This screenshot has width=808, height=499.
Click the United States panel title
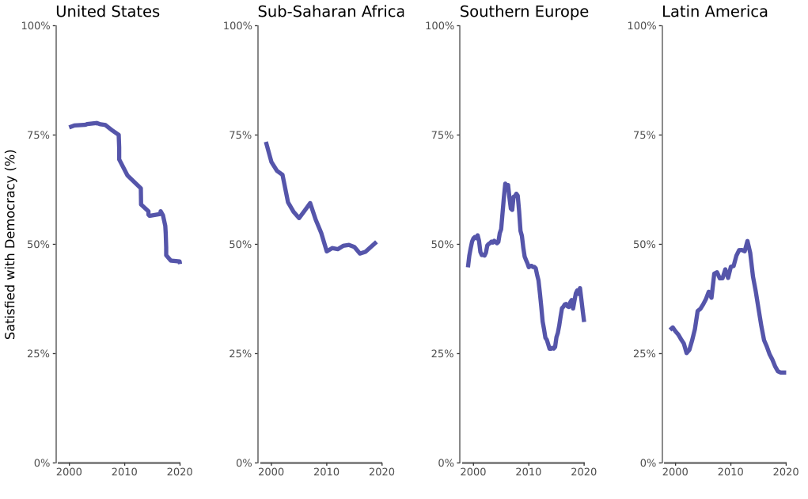(x=108, y=12)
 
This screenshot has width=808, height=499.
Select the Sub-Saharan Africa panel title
(x=331, y=12)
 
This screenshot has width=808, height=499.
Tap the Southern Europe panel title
(x=524, y=12)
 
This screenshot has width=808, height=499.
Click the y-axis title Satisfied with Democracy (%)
(x=11, y=245)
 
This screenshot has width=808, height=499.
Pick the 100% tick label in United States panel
(x=36, y=26)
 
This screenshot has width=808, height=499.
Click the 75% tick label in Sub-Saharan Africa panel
(x=240, y=135)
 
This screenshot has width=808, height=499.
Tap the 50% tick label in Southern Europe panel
(x=442, y=245)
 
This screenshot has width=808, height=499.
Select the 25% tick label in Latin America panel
(x=644, y=354)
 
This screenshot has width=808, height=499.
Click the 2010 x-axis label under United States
(x=124, y=473)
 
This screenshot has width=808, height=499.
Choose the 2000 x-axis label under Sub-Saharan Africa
(x=271, y=473)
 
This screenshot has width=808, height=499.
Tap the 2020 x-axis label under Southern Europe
(x=584, y=473)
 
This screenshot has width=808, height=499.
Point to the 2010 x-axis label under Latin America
(x=730, y=473)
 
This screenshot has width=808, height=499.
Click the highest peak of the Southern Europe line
(x=505, y=184)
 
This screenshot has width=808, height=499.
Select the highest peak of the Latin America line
(x=747, y=241)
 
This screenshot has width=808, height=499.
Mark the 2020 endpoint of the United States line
(x=180, y=262)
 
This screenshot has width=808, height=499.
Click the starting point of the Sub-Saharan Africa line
(x=266, y=143)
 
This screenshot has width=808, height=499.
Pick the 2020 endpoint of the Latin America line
(x=785, y=372)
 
